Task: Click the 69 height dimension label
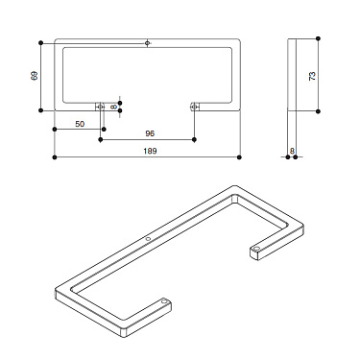click(x=35, y=76)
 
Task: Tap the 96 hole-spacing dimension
click(x=149, y=133)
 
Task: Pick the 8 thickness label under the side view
click(x=293, y=151)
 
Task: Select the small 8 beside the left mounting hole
click(x=113, y=107)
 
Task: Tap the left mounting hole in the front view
click(x=101, y=107)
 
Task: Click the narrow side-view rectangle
click(x=294, y=76)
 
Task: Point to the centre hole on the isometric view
click(x=148, y=239)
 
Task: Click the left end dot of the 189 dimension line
click(x=55, y=156)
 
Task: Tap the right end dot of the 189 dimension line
click(x=240, y=156)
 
